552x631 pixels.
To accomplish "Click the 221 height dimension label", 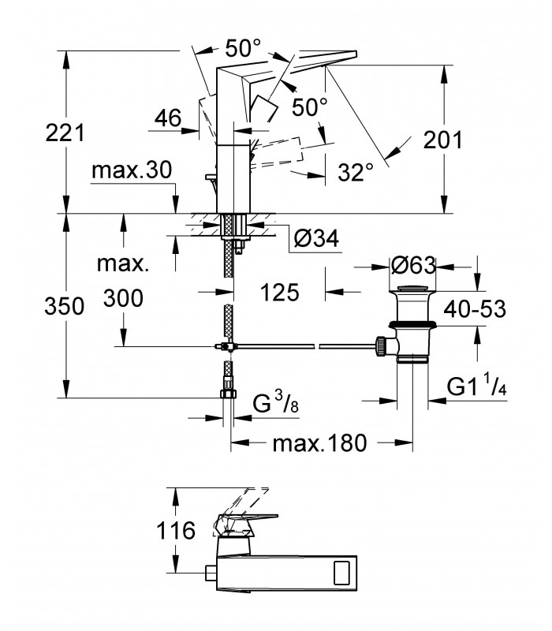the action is (x=65, y=133).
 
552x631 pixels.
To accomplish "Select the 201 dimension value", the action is (x=443, y=140).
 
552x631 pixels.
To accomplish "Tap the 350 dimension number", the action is (x=65, y=306).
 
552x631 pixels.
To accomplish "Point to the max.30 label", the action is (x=132, y=170).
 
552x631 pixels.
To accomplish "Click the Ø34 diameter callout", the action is (x=316, y=238).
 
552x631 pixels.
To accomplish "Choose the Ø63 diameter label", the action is (x=413, y=266).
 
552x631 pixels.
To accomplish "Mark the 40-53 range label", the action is (x=475, y=309).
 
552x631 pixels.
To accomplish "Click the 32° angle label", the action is (x=356, y=172).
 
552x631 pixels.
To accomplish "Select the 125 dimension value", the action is (x=280, y=292).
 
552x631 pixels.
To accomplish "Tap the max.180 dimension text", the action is (x=320, y=443).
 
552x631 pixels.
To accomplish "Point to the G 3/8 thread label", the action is (x=276, y=402).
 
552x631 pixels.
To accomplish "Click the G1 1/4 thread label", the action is (x=477, y=386).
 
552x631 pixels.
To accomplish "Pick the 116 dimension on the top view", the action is (x=176, y=530).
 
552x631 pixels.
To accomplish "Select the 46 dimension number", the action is (x=168, y=118).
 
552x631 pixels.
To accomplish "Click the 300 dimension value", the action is (x=123, y=298).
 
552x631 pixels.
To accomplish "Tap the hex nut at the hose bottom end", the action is (x=229, y=394).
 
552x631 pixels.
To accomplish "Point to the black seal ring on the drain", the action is (x=412, y=323).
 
